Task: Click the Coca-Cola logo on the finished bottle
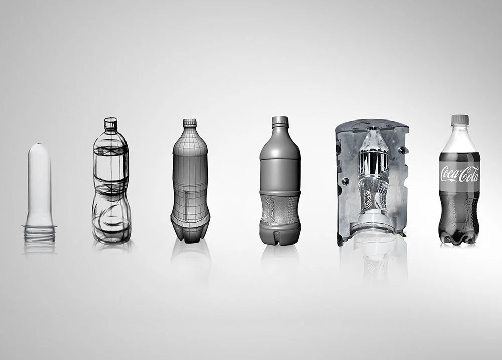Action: [460, 174]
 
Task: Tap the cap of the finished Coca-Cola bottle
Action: [460, 119]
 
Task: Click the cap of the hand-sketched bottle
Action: [111, 124]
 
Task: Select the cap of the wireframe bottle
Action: [190, 123]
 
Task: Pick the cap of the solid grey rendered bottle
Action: [280, 121]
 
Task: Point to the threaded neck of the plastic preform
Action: [39, 233]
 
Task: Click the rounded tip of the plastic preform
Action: [39, 146]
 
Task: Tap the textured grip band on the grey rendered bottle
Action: [280, 210]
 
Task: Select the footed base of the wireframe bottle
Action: [190, 230]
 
